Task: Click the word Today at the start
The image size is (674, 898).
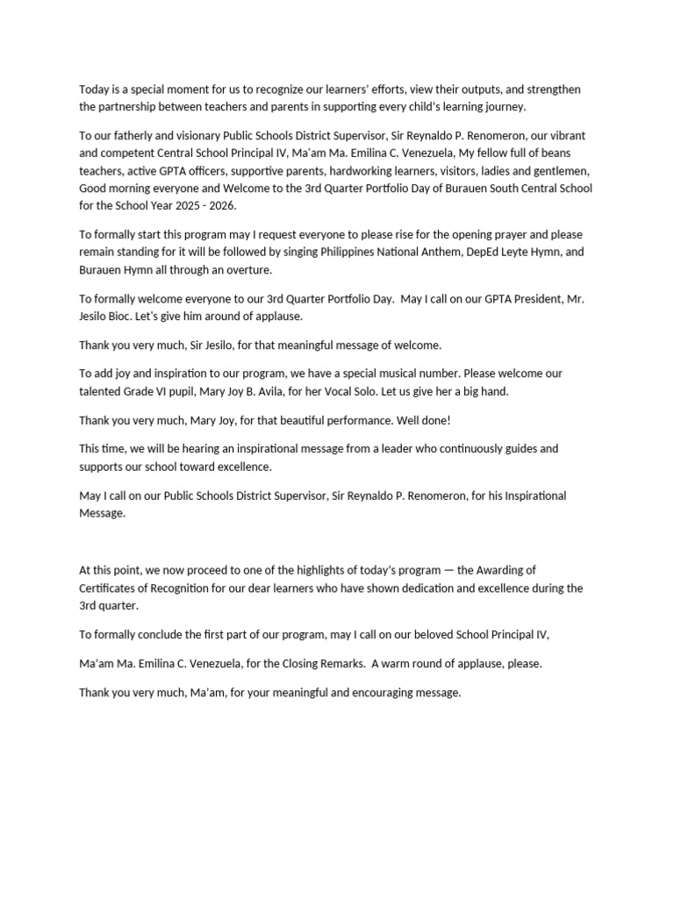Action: (94, 89)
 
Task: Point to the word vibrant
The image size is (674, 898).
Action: (565, 137)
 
